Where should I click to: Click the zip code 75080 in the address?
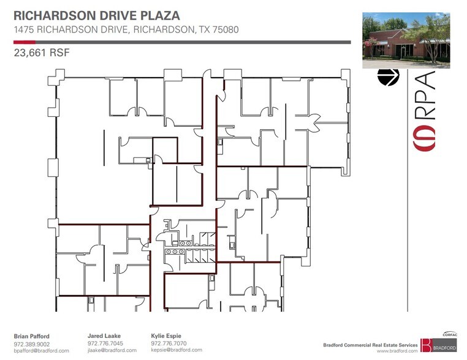coord(222,29)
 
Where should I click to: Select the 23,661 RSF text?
coord(42,53)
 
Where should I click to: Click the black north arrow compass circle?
coord(388,78)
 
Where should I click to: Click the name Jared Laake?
coord(105,336)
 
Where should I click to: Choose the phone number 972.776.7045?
coord(105,343)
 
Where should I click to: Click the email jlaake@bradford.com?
coord(112,351)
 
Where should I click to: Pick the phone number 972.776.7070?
coord(169,343)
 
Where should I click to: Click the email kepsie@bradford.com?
coord(177,350)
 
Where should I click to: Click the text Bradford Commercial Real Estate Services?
coord(370,345)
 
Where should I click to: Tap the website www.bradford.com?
coord(397,351)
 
